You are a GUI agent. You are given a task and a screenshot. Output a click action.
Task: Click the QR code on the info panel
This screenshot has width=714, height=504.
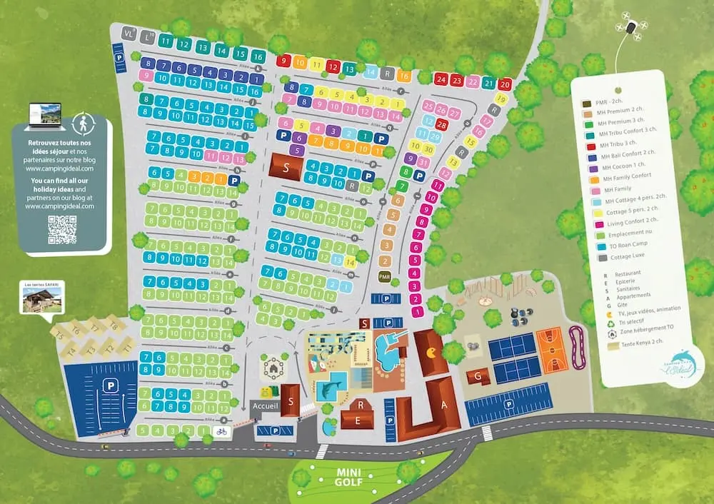[62, 230]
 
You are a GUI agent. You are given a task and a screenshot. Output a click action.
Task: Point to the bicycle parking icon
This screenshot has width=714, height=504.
[221, 432]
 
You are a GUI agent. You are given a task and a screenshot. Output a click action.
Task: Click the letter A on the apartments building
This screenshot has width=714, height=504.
[445, 403]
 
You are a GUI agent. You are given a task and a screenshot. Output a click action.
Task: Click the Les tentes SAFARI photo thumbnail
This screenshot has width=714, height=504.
[41, 299]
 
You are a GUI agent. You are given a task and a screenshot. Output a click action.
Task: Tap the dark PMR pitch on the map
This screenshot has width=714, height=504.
[385, 276]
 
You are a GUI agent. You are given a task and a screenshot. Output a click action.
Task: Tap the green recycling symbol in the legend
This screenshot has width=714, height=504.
[585, 321]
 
